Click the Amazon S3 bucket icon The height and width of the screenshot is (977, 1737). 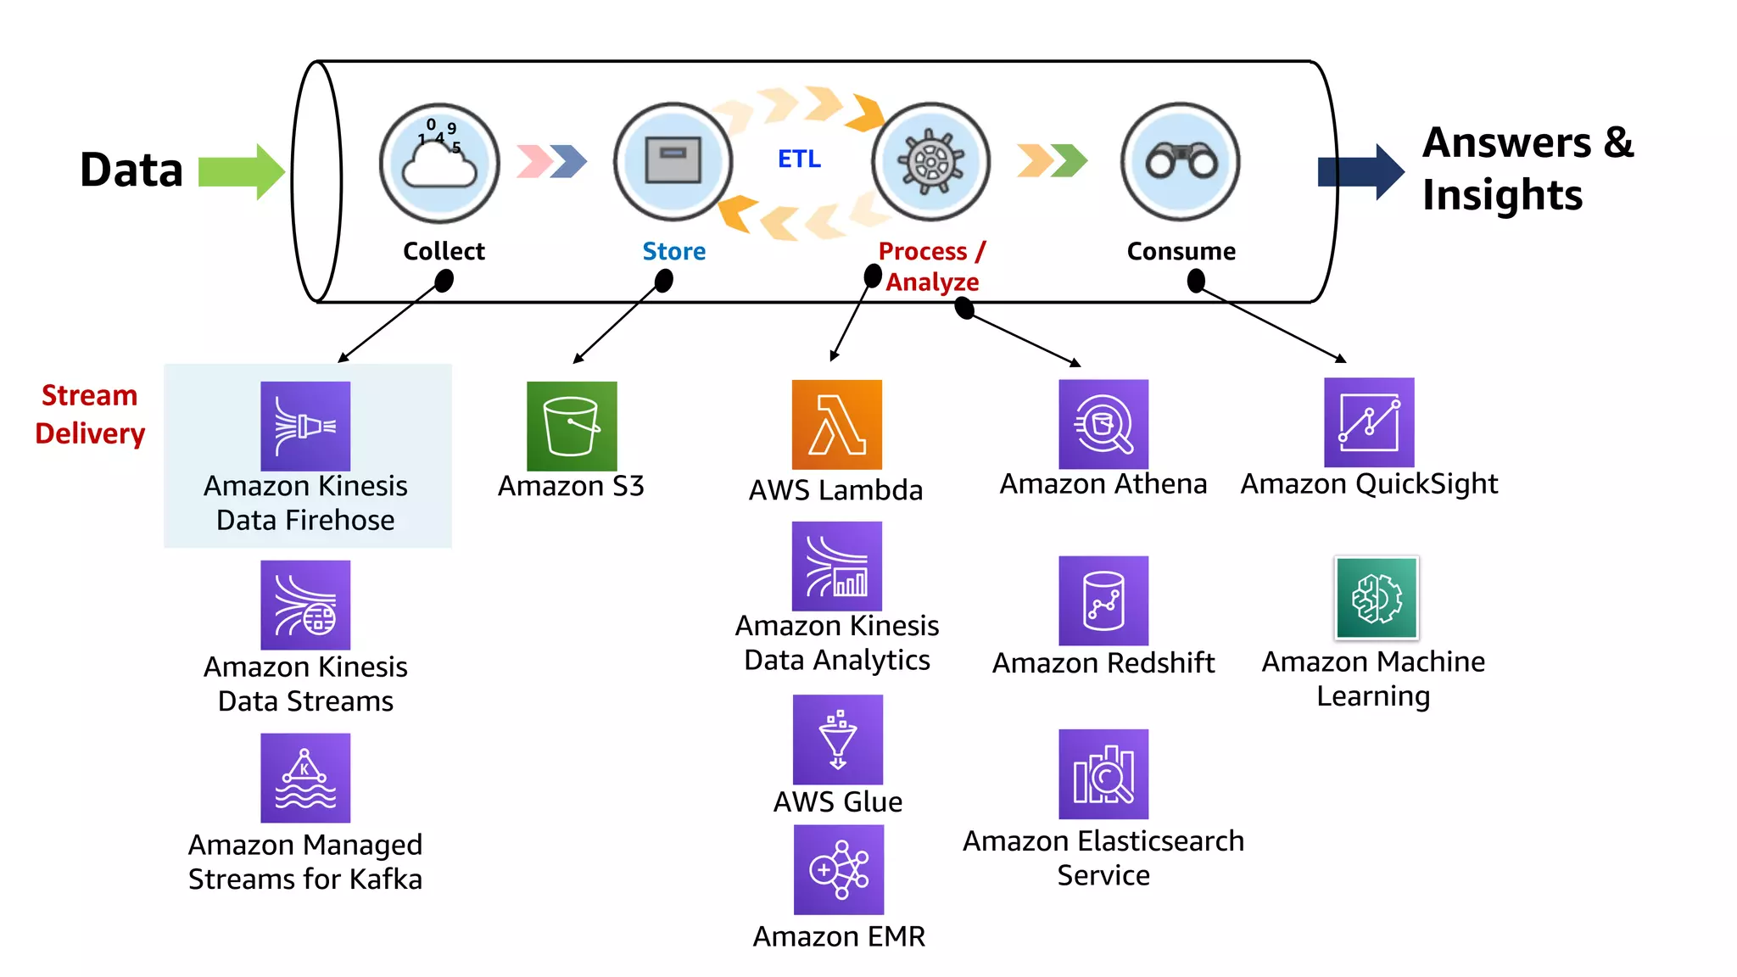click(572, 426)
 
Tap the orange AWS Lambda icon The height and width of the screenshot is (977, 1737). click(836, 425)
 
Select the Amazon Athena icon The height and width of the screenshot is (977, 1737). click(1103, 424)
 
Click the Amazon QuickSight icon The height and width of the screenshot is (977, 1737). click(1369, 422)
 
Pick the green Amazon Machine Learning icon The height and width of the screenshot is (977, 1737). click(1376, 598)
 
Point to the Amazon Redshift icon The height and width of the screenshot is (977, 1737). click(1103, 600)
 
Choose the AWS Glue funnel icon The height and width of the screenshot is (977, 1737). click(837, 740)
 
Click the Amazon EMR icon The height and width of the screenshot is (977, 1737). click(838, 870)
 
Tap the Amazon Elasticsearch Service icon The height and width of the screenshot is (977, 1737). click(1103, 774)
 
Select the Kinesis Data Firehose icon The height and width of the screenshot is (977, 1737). click(305, 426)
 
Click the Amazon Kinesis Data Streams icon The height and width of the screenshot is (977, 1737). click(305, 605)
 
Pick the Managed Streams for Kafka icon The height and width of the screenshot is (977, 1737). click(305, 778)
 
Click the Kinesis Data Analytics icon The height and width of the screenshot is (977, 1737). click(836, 567)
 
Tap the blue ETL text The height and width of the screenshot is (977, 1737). click(799, 159)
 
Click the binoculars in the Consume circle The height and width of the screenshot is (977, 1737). click(1181, 161)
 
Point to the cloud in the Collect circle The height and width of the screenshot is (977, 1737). click(438, 165)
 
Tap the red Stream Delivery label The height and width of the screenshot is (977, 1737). click(89, 415)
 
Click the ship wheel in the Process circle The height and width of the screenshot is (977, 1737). click(931, 161)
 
